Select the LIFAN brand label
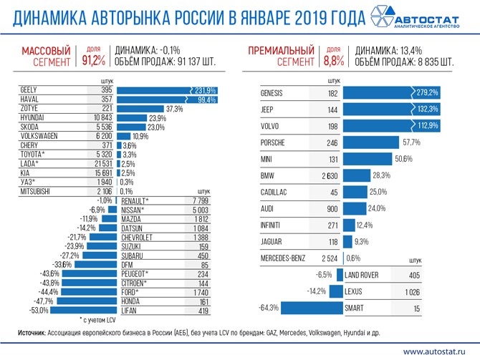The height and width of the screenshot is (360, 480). coord(130,311)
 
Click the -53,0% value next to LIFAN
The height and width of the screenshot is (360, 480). coord(38,311)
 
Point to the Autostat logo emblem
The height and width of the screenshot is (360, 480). coord(377,16)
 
